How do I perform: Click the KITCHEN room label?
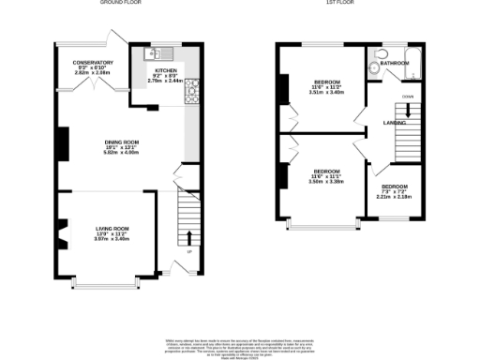pos(166,69)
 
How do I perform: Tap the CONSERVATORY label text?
pos(94,63)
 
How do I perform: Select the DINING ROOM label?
pos(122,142)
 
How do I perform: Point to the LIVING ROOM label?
pos(112,228)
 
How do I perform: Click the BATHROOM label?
pos(394,63)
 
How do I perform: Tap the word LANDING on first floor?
pos(394,123)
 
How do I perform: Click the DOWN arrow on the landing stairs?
pos(407,109)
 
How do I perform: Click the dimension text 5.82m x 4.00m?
pos(122,153)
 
